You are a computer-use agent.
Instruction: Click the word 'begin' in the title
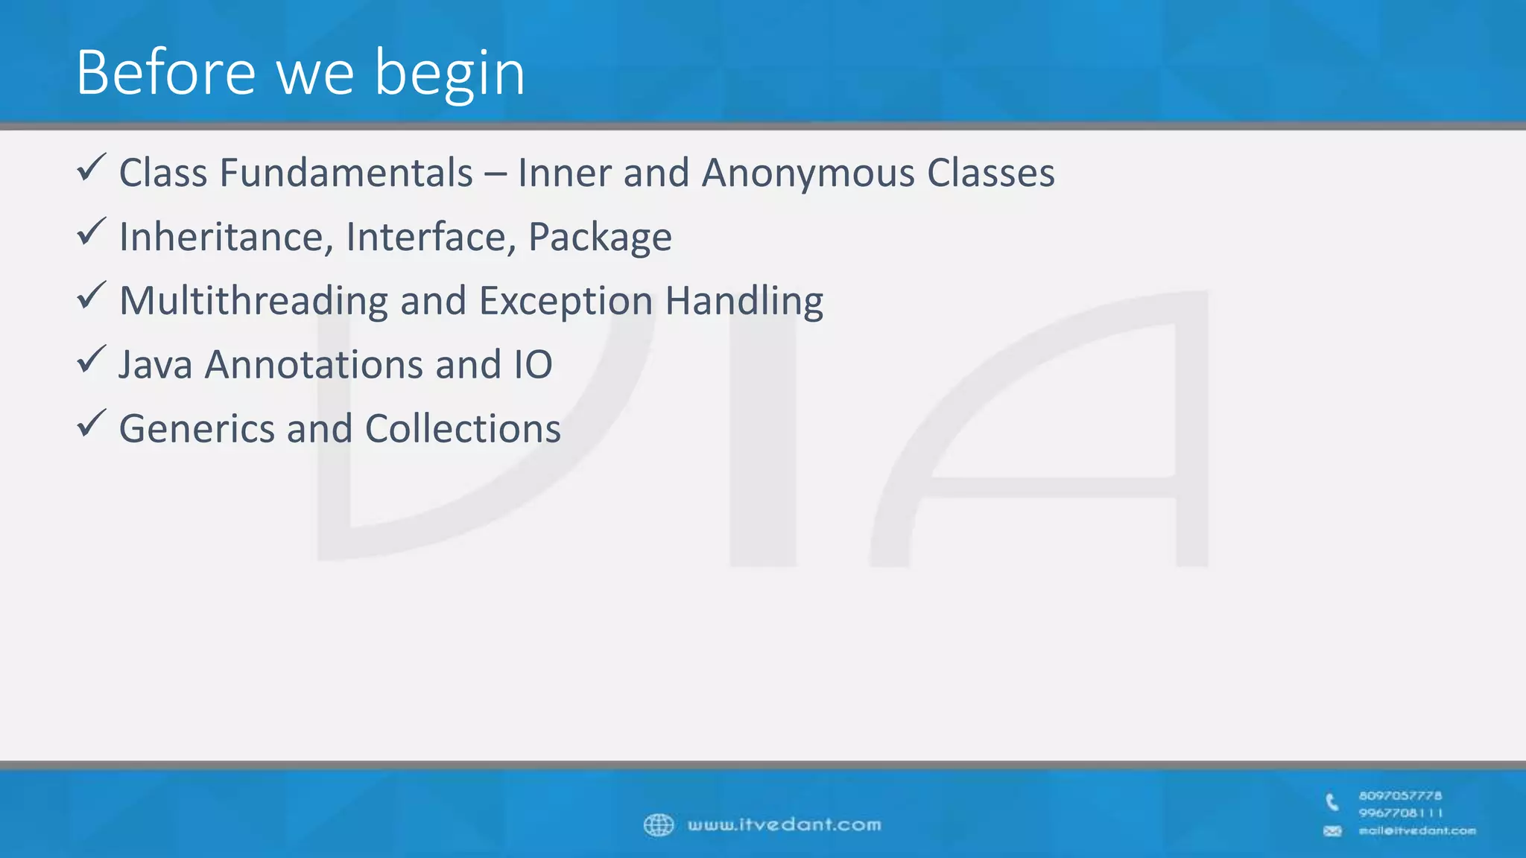(449, 74)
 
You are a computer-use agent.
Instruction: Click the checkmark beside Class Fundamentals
(92, 168)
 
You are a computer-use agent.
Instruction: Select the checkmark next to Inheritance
(92, 232)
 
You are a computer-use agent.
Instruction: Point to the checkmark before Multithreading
(92, 296)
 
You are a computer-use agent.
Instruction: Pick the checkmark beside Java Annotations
(92, 360)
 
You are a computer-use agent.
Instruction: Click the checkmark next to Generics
(92, 425)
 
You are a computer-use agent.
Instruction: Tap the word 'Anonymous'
(808, 174)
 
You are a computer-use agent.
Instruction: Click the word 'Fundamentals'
(346, 173)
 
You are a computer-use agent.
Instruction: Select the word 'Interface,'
(431, 237)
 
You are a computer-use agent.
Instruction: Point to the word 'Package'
(600, 238)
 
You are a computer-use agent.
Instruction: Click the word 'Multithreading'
(253, 302)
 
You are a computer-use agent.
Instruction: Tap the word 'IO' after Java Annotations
(533, 365)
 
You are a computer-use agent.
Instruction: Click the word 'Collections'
(463, 429)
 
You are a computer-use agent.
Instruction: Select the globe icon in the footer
(659, 825)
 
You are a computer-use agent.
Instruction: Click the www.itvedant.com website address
(784, 825)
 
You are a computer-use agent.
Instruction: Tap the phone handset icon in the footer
(1332, 802)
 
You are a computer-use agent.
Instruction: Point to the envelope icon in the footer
(1332, 831)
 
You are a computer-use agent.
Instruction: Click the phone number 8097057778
(1400, 796)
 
